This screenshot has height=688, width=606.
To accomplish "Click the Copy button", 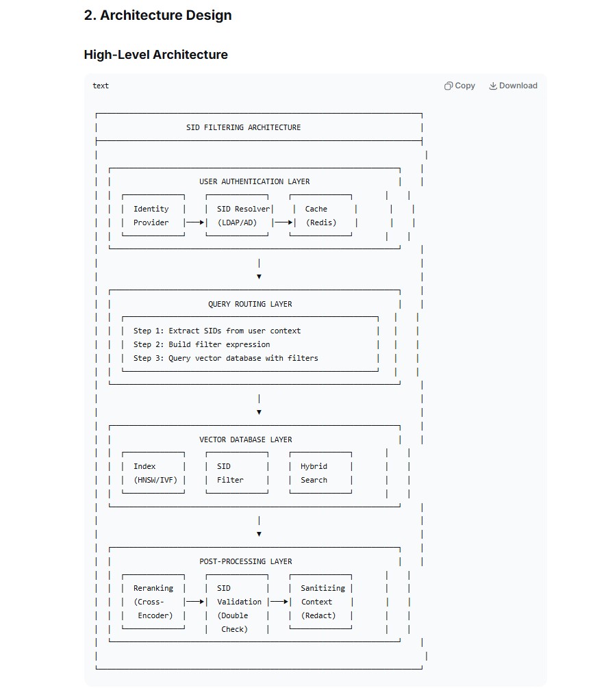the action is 459,86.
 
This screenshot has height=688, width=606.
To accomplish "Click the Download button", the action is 513,86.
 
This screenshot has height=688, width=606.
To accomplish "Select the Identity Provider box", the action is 153,215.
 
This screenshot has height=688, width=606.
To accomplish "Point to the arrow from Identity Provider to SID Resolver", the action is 195,222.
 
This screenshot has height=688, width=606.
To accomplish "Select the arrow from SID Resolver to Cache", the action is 283,222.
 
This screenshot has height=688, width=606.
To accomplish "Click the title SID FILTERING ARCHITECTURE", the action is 244,127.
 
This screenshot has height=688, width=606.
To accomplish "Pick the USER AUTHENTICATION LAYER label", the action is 255,181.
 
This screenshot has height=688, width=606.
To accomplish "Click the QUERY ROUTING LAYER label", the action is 250,304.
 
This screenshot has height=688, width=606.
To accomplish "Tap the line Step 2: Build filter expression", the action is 202,344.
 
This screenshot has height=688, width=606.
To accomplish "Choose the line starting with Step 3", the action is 225,358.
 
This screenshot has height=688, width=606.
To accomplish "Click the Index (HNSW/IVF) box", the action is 153,472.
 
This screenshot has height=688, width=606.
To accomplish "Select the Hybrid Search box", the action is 320,472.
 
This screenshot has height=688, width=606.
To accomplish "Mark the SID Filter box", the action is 237,472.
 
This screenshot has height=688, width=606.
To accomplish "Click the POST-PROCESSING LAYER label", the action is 246,561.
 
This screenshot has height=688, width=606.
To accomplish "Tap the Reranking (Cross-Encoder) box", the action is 153,602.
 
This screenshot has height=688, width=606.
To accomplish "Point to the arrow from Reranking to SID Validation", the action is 195,601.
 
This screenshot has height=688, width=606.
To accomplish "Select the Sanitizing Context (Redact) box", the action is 321,602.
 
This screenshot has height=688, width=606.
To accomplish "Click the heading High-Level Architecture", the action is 155,54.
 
